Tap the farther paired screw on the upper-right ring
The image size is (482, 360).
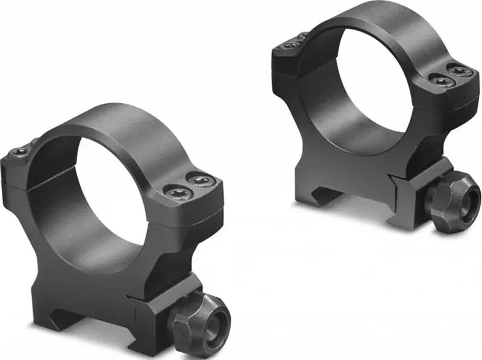click(460, 71)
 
